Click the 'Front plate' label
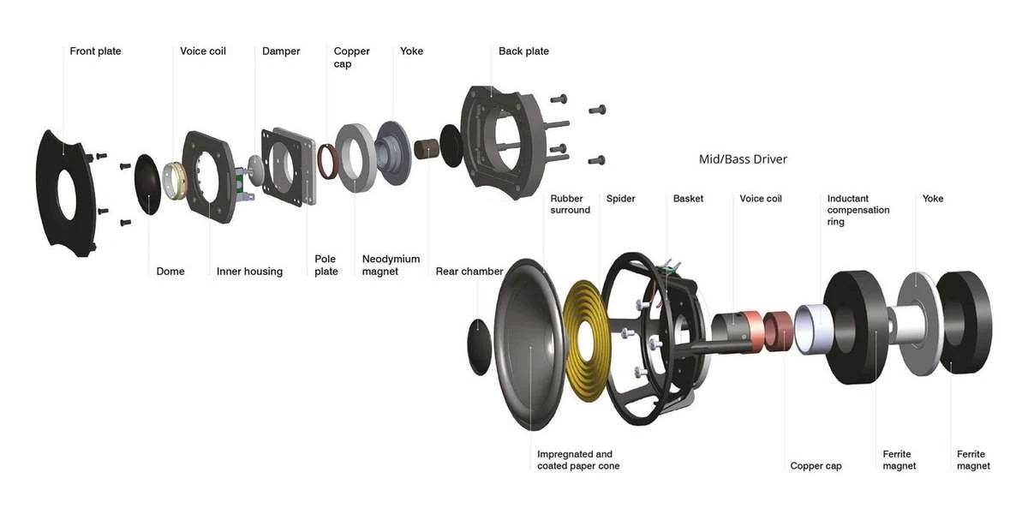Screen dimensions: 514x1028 pyautogui.click(x=95, y=51)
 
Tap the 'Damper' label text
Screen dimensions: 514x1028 pyautogui.click(x=281, y=51)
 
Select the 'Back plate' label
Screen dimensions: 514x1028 pyautogui.click(x=523, y=51)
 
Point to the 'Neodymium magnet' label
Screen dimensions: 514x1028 pyautogui.click(x=391, y=265)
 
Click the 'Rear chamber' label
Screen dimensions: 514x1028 pyautogui.click(x=469, y=272)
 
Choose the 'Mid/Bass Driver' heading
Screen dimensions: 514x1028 pyautogui.click(x=743, y=159)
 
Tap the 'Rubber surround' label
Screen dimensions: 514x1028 pyautogui.click(x=571, y=204)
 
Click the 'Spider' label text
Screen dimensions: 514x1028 pyautogui.click(x=621, y=199)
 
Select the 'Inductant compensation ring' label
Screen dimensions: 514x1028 pyautogui.click(x=858, y=210)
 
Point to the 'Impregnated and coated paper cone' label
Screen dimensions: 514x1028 pyautogui.click(x=578, y=460)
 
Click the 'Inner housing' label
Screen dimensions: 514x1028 pyautogui.click(x=249, y=272)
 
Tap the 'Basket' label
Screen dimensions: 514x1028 pyautogui.click(x=688, y=199)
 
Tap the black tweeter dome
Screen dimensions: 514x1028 pyautogui.click(x=147, y=184)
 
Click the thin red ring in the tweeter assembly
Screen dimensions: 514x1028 pyautogui.click(x=326, y=162)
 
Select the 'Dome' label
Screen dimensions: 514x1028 pyautogui.click(x=170, y=272)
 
